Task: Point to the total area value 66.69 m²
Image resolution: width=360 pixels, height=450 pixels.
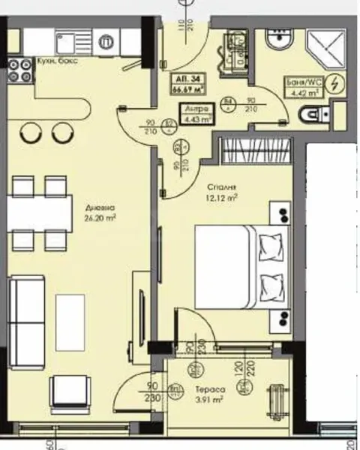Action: coord(189,90)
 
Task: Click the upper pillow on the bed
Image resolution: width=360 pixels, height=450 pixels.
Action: coord(271,244)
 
